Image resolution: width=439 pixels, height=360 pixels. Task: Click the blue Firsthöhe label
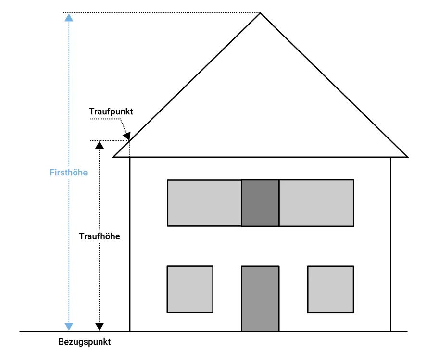tap(69, 172)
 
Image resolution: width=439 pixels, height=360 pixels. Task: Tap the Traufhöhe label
tap(100, 236)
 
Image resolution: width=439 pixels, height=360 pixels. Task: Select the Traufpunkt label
tap(111, 112)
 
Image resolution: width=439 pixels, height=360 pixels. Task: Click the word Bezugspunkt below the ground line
tap(85, 343)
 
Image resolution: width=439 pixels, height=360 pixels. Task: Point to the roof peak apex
tap(260, 13)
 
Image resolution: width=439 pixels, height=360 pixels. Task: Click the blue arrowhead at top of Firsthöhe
tap(69, 18)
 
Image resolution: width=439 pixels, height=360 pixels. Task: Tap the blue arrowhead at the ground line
tap(69, 326)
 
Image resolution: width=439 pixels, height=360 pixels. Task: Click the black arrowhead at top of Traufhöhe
tap(99, 145)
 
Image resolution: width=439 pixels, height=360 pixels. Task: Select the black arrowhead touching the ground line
tap(99, 327)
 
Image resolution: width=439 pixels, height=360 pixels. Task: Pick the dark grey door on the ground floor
tap(260, 298)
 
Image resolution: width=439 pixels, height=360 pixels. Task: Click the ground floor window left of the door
tap(190, 289)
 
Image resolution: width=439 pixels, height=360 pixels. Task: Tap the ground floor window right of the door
tap(331, 289)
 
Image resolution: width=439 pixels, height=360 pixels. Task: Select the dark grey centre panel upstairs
tap(260, 203)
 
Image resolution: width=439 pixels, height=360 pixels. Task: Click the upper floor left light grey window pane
tap(204, 203)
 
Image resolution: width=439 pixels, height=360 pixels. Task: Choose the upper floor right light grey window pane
tap(316, 203)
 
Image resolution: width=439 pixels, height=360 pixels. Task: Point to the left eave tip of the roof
tap(114, 157)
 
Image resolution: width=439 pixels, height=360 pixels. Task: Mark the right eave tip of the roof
tap(407, 157)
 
